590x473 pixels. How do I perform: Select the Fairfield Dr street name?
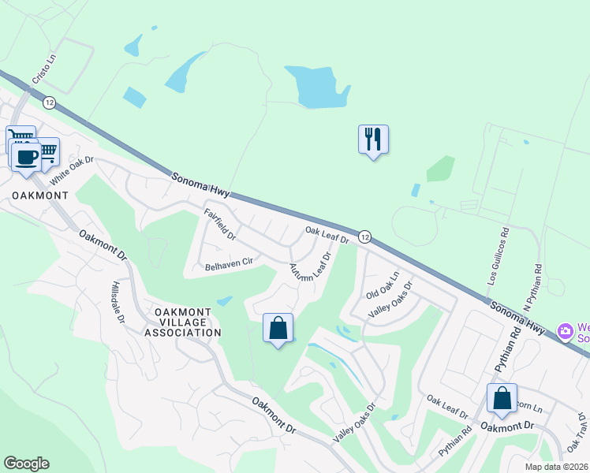click(220, 224)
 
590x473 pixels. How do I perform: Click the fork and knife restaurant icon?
click(373, 140)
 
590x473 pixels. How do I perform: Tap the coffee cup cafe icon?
click(25, 155)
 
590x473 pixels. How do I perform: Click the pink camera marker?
click(565, 330)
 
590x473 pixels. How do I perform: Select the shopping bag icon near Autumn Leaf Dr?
click(278, 328)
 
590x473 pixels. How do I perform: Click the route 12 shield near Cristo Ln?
click(50, 102)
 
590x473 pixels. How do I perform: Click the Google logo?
click(26, 463)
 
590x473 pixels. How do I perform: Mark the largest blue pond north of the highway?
click(317, 87)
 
